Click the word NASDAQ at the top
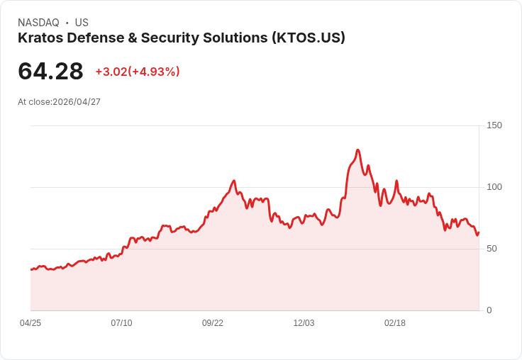point(38,23)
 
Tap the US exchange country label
point(82,23)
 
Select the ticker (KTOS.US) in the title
point(308,38)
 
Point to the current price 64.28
point(50,72)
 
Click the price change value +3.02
point(111,72)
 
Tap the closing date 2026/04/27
point(77,102)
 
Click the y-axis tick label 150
point(494,125)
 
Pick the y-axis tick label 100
point(494,187)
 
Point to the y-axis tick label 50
point(492,249)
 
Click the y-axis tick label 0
point(489,310)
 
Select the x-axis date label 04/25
point(30,323)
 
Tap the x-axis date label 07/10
point(121,323)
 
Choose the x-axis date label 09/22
point(213,323)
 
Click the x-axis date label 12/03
point(304,323)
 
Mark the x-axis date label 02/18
point(395,323)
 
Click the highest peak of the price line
point(358,150)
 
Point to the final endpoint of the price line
point(479,232)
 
